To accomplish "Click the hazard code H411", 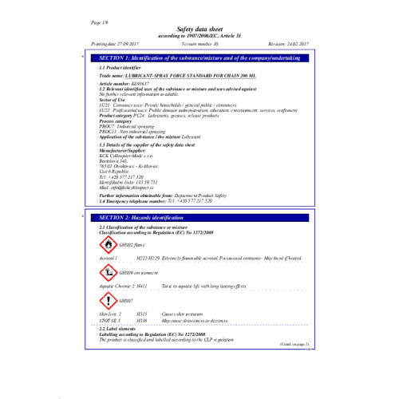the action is pos(142,285).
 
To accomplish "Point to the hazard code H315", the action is pos(142,315).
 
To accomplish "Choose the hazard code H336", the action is pos(142,321).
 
